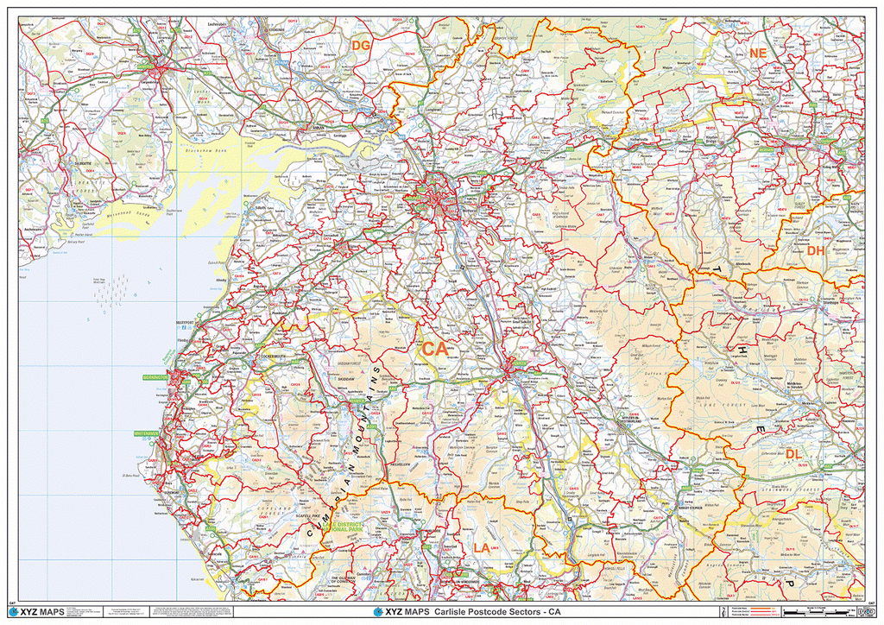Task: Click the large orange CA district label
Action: (x=434, y=350)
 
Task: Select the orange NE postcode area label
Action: (x=758, y=54)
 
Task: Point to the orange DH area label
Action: (x=816, y=251)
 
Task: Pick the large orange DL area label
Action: (x=793, y=454)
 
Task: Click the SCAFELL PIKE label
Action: (x=309, y=516)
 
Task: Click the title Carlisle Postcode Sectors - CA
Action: (x=501, y=612)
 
